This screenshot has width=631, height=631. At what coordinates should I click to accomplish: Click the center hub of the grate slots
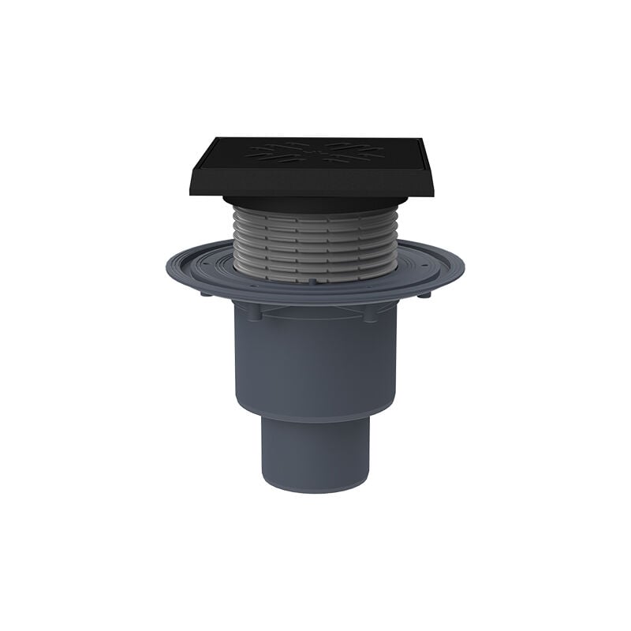click(315, 151)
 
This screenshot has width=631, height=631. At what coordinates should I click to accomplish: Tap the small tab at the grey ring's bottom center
click(313, 280)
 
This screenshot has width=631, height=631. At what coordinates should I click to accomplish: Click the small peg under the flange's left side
click(204, 296)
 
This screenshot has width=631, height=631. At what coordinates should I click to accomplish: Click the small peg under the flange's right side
click(427, 296)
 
